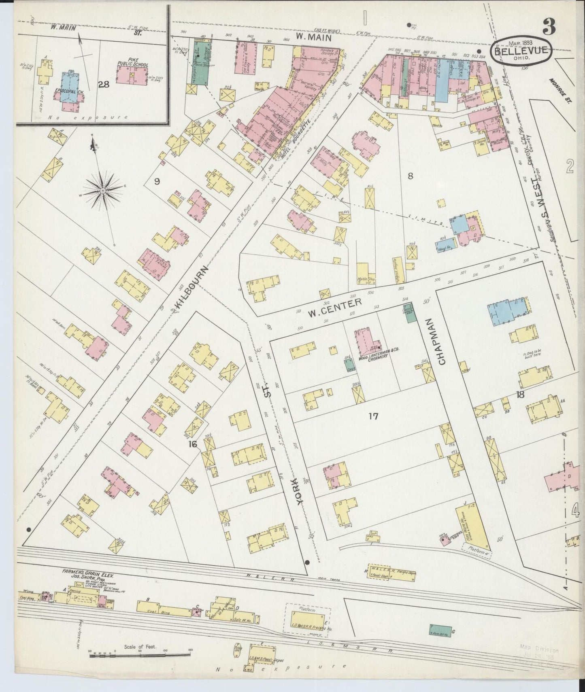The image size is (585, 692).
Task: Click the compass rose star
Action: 103,190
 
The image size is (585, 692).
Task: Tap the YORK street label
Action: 301,490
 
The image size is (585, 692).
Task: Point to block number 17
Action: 373,416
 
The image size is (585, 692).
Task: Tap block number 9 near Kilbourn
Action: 157,181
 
